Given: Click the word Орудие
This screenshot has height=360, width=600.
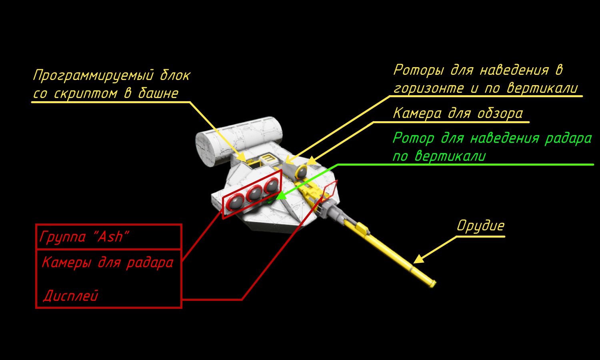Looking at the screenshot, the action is point(480,226).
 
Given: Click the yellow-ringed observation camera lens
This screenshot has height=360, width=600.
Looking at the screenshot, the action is point(301,172).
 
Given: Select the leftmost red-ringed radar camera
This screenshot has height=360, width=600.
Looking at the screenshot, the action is point(235,202).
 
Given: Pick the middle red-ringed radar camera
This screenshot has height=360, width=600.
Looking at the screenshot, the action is point(254,193).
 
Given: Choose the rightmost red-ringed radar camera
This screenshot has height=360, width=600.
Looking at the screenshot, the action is point(272,185).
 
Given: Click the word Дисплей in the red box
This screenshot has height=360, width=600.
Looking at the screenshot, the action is point(71,296).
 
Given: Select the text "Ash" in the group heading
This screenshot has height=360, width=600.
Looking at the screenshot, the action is point(111,236).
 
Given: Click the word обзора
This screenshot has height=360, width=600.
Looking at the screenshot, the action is point(500,113).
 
